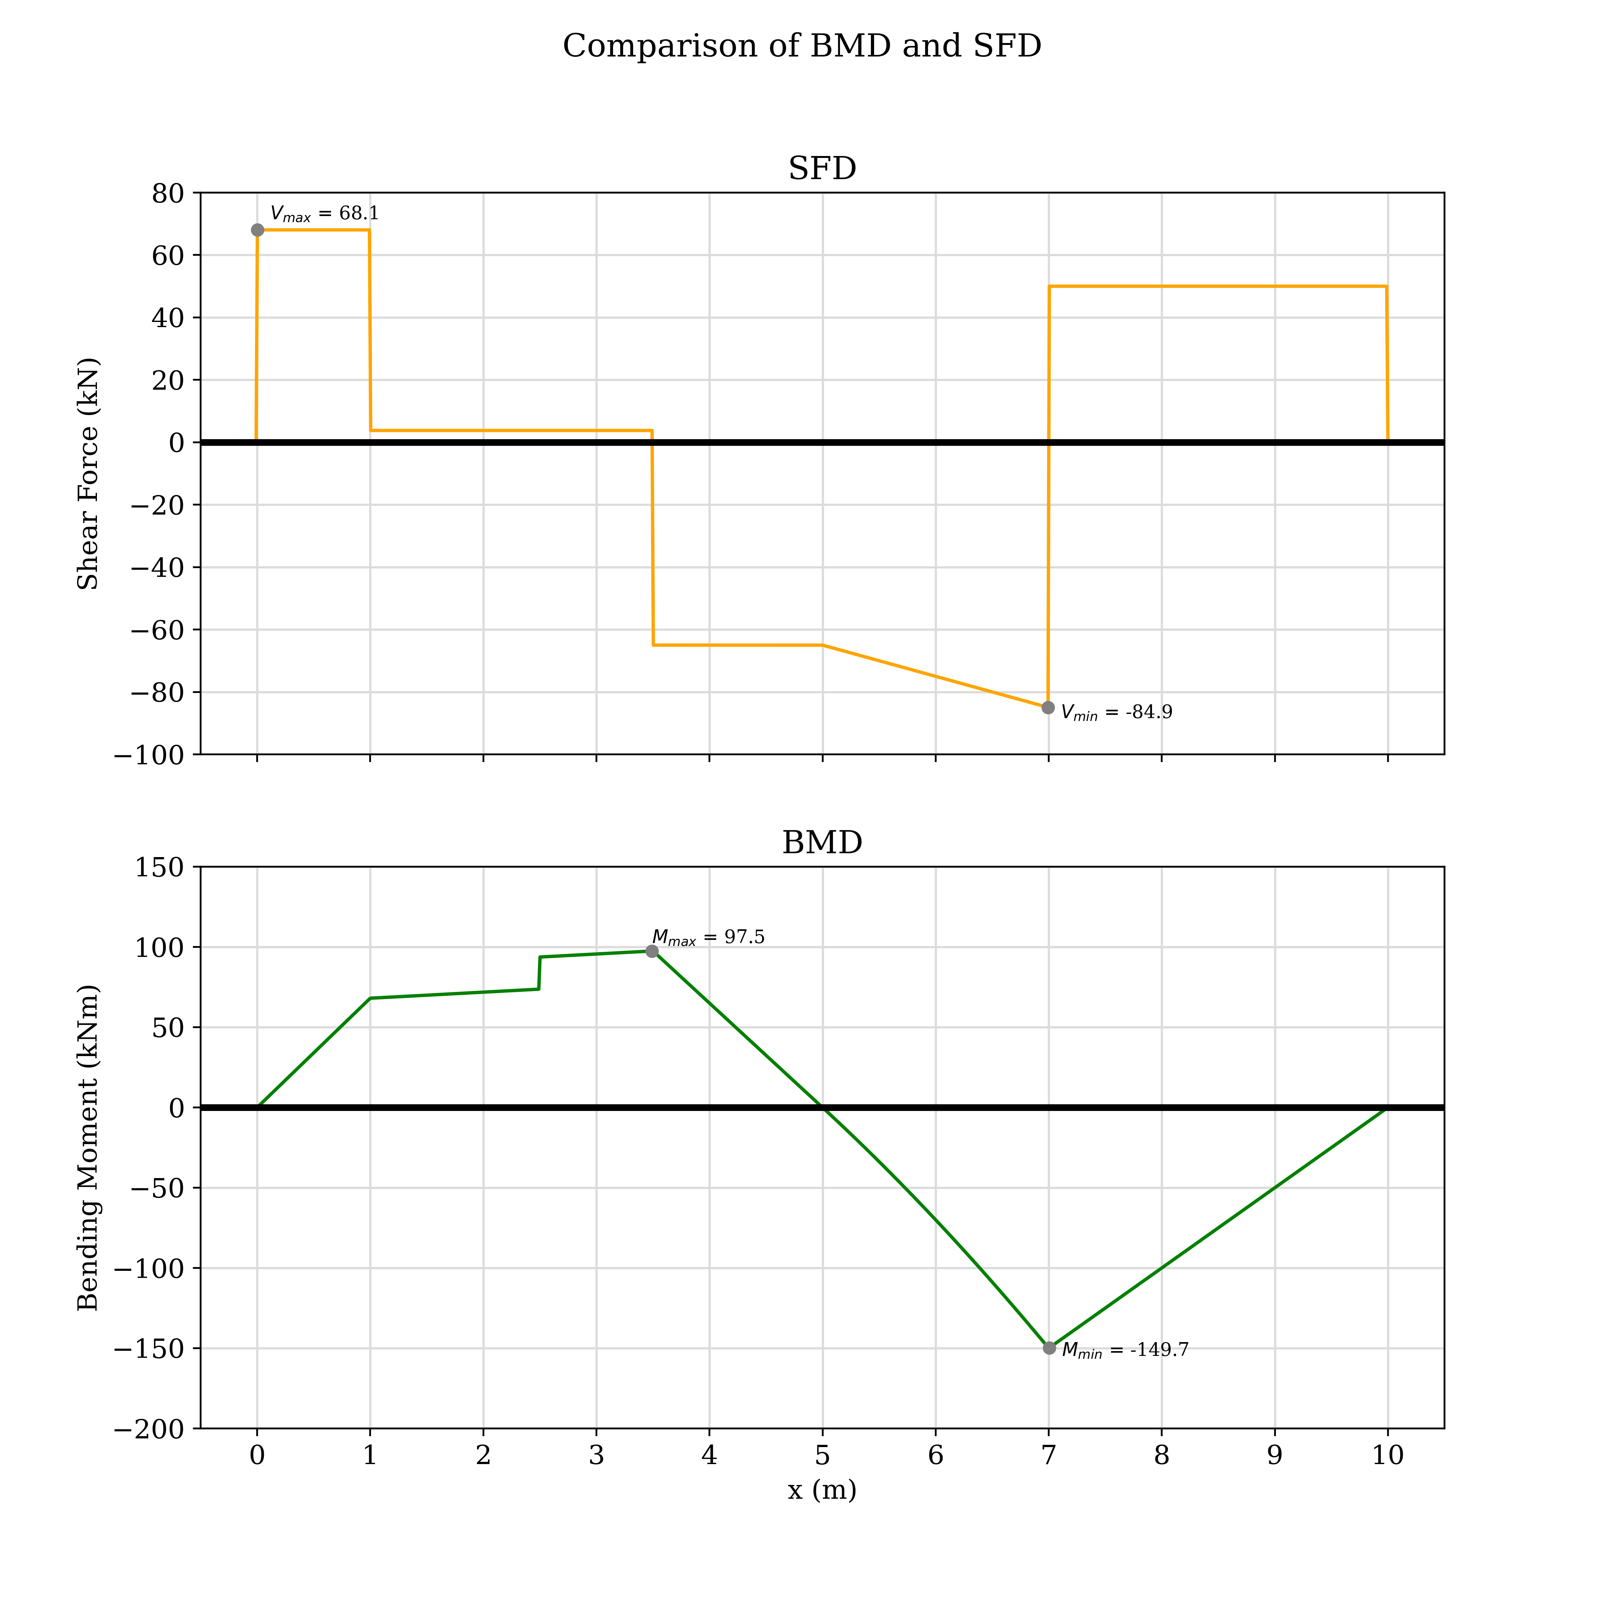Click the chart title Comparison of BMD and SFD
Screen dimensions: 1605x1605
pyautogui.click(x=802, y=47)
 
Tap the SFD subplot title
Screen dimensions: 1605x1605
pyautogui.click(x=822, y=169)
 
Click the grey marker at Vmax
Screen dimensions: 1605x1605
pyautogui.click(x=257, y=230)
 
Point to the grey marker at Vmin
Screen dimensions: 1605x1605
pyautogui.click(x=1048, y=708)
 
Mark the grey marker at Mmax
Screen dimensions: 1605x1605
pyautogui.click(x=652, y=951)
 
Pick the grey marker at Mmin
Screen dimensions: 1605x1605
pyautogui.click(x=1049, y=1348)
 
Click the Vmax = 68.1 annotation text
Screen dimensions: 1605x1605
pyautogui.click(x=324, y=214)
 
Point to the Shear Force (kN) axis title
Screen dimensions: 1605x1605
pyautogui.click(x=88, y=473)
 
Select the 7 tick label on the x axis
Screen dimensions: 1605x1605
pyautogui.click(x=1048, y=1455)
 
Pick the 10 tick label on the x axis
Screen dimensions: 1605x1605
pyautogui.click(x=1387, y=1455)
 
